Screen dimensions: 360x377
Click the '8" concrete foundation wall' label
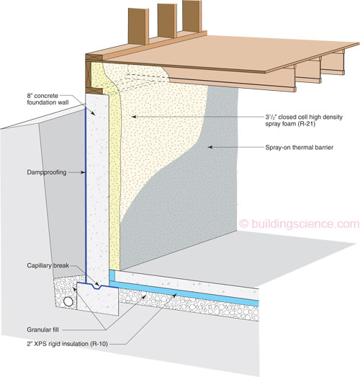tap(48, 99)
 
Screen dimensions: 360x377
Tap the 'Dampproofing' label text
tap(47, 172)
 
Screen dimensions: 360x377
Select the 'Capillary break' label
tap(48, 265)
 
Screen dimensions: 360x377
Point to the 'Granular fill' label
tap(42, 329)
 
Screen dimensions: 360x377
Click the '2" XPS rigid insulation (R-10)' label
tap(67, 344)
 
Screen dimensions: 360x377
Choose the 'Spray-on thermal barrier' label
tap(300, 147)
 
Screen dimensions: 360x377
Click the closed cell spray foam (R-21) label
tap(304, 120)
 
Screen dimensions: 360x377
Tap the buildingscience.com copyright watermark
tap(300, 224)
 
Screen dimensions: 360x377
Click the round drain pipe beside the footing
tap(68, 301)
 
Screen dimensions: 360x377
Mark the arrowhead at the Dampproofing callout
tap(83, 172)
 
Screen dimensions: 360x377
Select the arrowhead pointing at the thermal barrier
tap(210, 147)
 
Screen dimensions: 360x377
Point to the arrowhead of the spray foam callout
tap(134, 117)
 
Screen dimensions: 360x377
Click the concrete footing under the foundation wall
tap(97, 299)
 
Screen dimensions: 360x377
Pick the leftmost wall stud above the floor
tap(138, 26)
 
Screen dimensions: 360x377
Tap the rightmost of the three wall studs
tap(192, 16)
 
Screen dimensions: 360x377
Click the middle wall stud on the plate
tap(167, 21)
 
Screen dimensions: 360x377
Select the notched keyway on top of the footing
tap(96, 286)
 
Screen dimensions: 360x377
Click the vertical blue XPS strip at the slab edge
tap(112, 278)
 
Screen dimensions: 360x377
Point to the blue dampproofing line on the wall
tap(86, 191)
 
